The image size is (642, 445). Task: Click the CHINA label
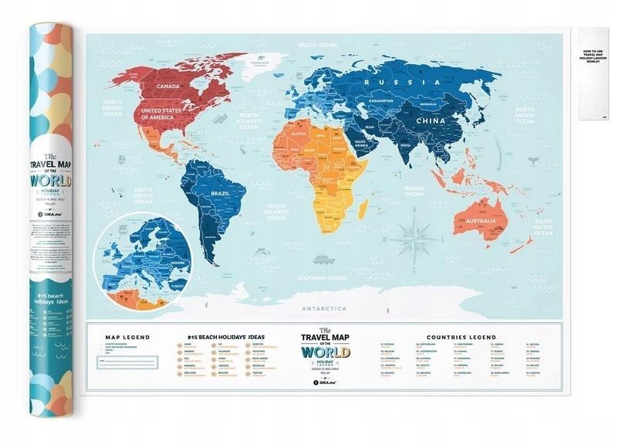429,121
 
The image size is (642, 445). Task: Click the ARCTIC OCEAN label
318,46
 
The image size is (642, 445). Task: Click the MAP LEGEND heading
128,338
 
